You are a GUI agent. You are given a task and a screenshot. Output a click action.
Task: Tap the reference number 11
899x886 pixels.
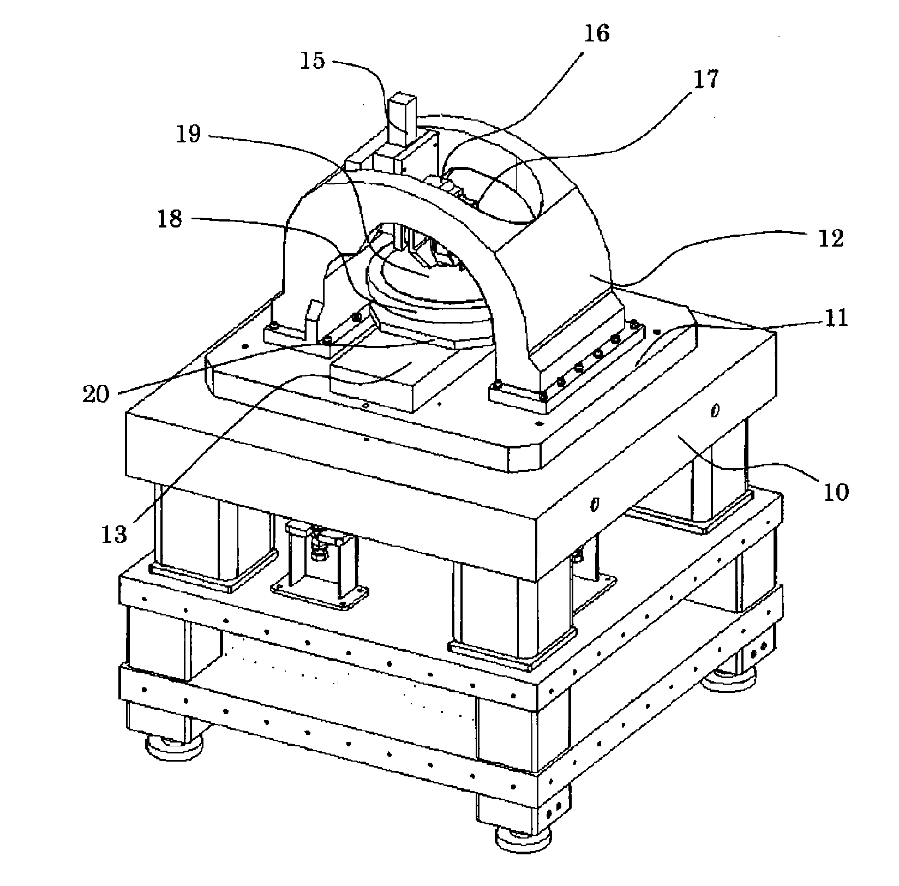click(x=835, y=318)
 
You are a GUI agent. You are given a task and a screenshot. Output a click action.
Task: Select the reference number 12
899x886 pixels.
click(x=831, y=238)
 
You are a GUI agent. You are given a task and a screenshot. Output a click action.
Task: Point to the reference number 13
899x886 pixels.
click(x=114, y=534)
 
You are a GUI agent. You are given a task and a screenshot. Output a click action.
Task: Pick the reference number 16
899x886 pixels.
click(x=595, y=34)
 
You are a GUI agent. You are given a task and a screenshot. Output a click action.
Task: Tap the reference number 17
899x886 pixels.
click(x=706, y=79)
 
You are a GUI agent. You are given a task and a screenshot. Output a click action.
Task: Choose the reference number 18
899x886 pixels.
click(x=169, y=221)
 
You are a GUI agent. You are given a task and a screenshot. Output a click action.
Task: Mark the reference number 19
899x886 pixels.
click(x=188, y=134)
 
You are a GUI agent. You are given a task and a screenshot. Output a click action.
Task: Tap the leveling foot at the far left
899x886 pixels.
click(x=173, y=746)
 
